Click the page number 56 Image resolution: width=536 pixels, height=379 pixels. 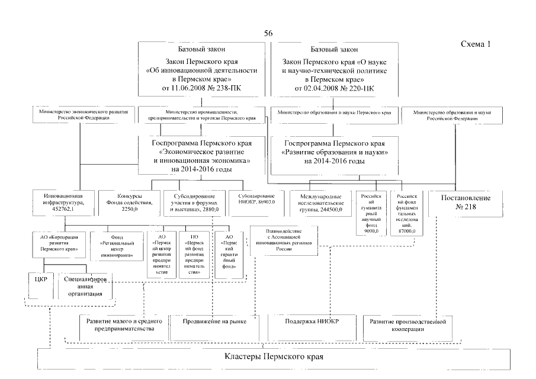coord(268,33)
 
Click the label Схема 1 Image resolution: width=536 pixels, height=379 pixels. coord(474,45)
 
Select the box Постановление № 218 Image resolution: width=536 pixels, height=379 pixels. coord(455,203)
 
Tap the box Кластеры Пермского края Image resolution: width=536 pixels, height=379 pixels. coord(275,358)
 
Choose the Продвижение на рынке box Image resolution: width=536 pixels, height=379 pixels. coord(215,322)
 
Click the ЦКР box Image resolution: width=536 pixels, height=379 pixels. coord(41,277)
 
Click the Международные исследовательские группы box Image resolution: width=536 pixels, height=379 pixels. coord(320,203)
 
